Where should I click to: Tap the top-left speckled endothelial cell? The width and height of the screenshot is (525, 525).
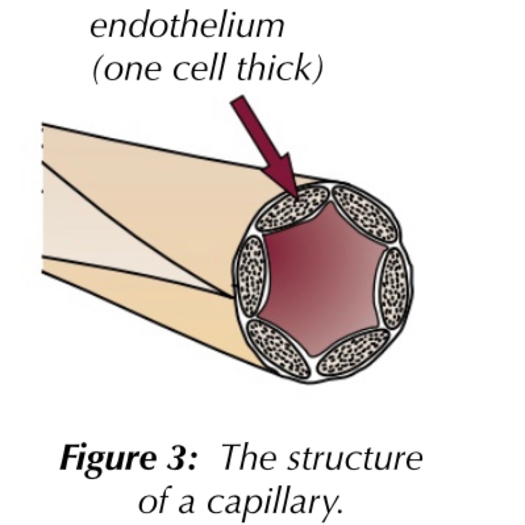click(x=292, y=210)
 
